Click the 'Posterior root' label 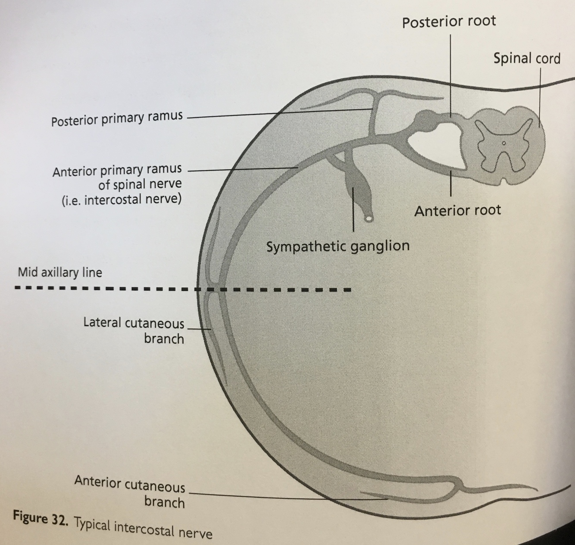click(x=449, y=22)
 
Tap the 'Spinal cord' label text click(x=527, y=58)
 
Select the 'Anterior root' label click(x=457, y=211)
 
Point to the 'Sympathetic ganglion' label click(x=337, y=246)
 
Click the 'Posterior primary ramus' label click(x=117, y=118)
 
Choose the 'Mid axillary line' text click(x=60, y=272)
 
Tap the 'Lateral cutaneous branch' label click(x=134, y=330)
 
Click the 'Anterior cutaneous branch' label click(x=130, y=491)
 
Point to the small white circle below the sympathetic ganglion click(x=369, y=219)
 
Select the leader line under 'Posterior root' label click(x=450, y=73)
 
